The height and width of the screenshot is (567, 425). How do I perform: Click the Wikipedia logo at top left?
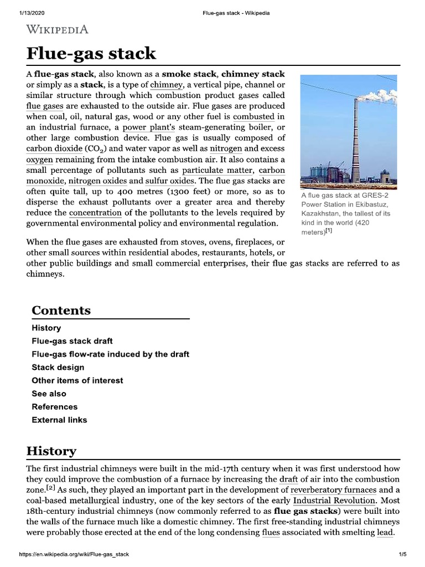coord(57,29)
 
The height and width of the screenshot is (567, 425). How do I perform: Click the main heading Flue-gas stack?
coord(91,54)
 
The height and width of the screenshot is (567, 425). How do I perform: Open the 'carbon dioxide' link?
coord(54,149)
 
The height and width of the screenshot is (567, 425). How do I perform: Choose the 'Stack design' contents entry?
coord(58,367)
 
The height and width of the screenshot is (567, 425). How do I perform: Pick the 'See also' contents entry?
coord(49,394)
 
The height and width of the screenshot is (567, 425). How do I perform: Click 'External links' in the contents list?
coord(59,420)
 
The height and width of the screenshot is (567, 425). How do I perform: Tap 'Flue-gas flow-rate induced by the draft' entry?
coord(110,354)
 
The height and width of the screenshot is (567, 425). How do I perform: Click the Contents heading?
coord(61,311)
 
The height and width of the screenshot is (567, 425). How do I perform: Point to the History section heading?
coord(51,451)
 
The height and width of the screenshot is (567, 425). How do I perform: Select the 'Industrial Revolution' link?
coord(334,501)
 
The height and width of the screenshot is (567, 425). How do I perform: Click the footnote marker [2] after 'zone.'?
coord(50,488)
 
